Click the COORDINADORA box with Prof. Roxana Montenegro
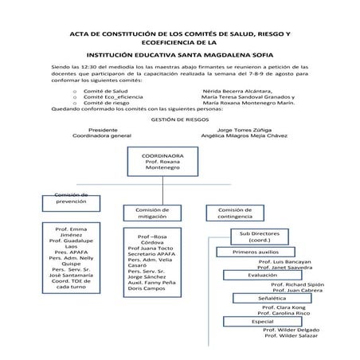[x=162, y=162]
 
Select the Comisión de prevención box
[x=70, y=198]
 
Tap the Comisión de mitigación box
[x=147, y=213]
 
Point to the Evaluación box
[x=262, y=275]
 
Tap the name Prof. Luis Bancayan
[x=284, y=261]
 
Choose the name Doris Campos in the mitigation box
[x=146, y=290]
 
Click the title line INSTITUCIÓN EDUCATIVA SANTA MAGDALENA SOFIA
[x=180, y=55]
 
